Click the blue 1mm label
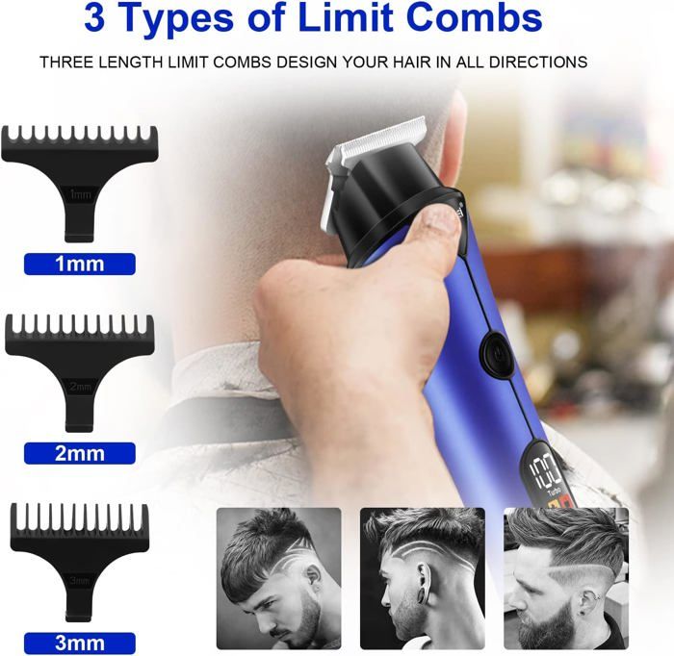(80, 264)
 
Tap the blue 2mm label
(80, 453)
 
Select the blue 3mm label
(80, 643)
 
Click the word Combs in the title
(474, 17)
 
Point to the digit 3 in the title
(94, 18)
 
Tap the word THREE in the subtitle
(66, 63)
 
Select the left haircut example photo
(278, 578)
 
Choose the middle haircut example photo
(423, 578)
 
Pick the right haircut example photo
(566, 578)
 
